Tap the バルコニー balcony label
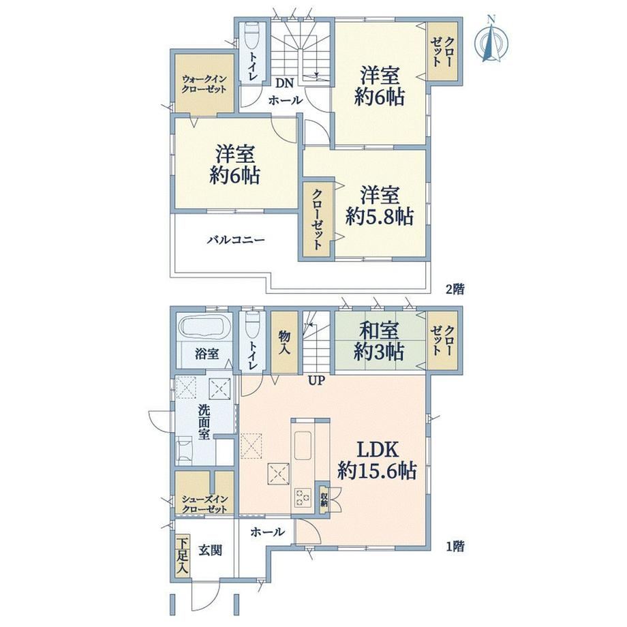(x=236, y=240)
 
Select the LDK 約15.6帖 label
(x=377, y=460)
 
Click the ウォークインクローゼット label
(x=204, y=84)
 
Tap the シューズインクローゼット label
(x=204, y=504)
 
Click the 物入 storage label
(x=284, y=342)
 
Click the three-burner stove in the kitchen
(x=303, y=498)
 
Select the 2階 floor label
(x=455, y=289)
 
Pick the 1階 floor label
(x=455, y=546)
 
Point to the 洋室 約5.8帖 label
(x=380, y=206)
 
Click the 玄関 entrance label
(x=211, y=551)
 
